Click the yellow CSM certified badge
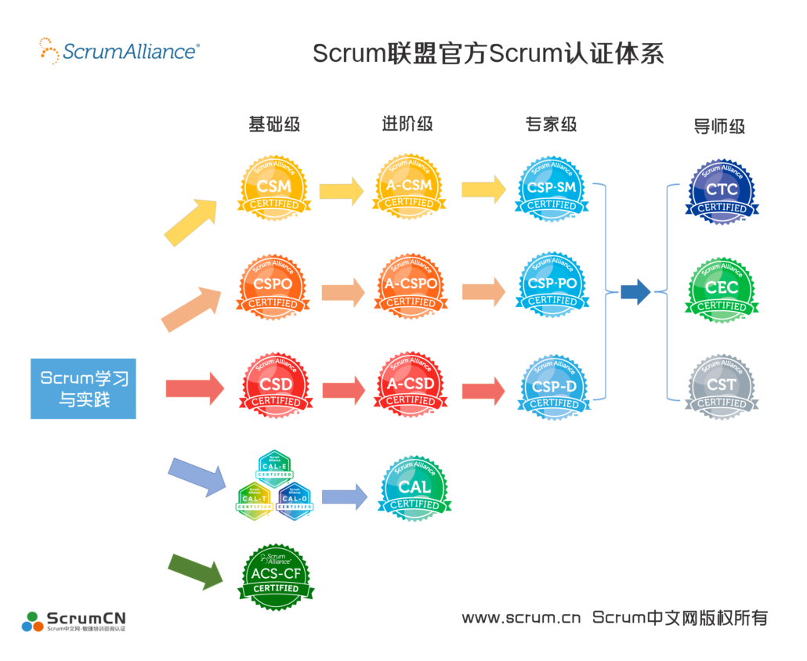click(x=273, y=188)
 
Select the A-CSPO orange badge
click(x=411, y=287)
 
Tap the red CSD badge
click(x=273, y=386)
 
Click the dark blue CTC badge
click(x=722, y=192)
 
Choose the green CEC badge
click(x=722, y=290)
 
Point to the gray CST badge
click(x=722, y=387)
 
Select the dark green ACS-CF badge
click(x=275, y=576)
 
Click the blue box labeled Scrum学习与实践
click(x=84, y=388)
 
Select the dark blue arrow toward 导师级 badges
click(x=635, y=292)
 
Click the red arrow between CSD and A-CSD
click(x=343, y=389)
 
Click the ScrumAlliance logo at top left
click(x=119, y=51)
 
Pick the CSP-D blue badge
click(x=554, y=388)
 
